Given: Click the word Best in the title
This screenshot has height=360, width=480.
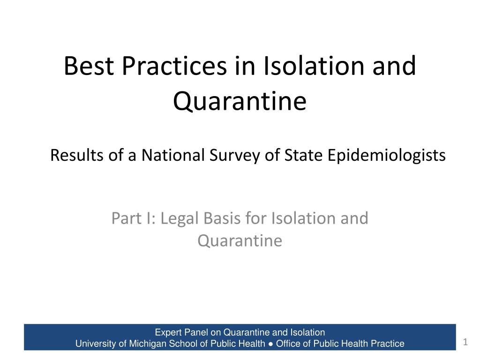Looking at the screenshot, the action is [89, 66].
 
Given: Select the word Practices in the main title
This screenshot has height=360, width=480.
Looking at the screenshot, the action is [174, 66].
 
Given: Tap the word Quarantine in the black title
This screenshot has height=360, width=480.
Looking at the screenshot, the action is [240, 101].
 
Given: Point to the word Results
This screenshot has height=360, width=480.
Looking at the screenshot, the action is [77, 155].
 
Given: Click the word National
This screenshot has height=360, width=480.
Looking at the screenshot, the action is [173, 155].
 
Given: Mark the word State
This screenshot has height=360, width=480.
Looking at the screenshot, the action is [303, 155].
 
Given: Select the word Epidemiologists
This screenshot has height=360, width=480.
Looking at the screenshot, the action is [386, 156].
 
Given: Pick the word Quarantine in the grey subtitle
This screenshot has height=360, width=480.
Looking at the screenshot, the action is [240, 240].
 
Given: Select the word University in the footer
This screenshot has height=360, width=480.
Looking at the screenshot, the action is [96, 344].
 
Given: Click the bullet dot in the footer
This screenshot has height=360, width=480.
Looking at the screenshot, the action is [270, 344].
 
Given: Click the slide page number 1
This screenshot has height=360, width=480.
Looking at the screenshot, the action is [465, 342].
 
